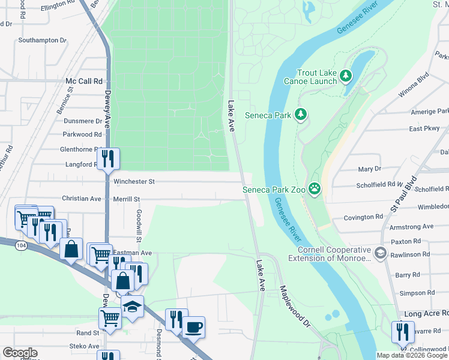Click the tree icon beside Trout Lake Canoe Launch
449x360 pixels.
pos(345,76)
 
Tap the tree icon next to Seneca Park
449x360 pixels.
pos(301,114)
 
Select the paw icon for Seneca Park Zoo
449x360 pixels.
pos(315,190)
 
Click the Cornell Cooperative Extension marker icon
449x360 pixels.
pos(379,253)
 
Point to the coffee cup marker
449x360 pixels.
pos(194,328)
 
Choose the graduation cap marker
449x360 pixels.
pos(132,306)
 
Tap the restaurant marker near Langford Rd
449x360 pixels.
pos(108,158)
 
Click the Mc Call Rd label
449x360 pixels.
pos(84,80)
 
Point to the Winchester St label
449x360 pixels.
pos(134,181)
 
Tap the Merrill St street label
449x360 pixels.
pos(126,199)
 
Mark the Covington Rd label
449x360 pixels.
pos(363,217)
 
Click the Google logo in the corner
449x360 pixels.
pos(20,353)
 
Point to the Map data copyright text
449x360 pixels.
pos(412,355)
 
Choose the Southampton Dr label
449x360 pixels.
pos(42,40)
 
